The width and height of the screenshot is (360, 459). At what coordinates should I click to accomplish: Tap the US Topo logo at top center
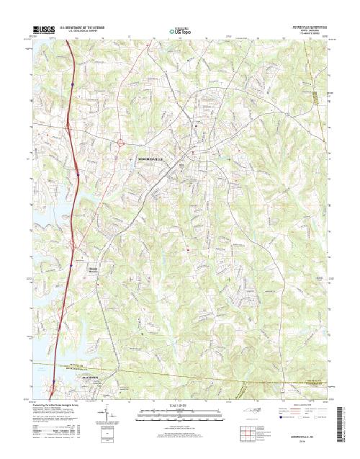click(179, 31)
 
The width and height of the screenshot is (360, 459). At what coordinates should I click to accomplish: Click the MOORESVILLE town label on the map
click(152, 159)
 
